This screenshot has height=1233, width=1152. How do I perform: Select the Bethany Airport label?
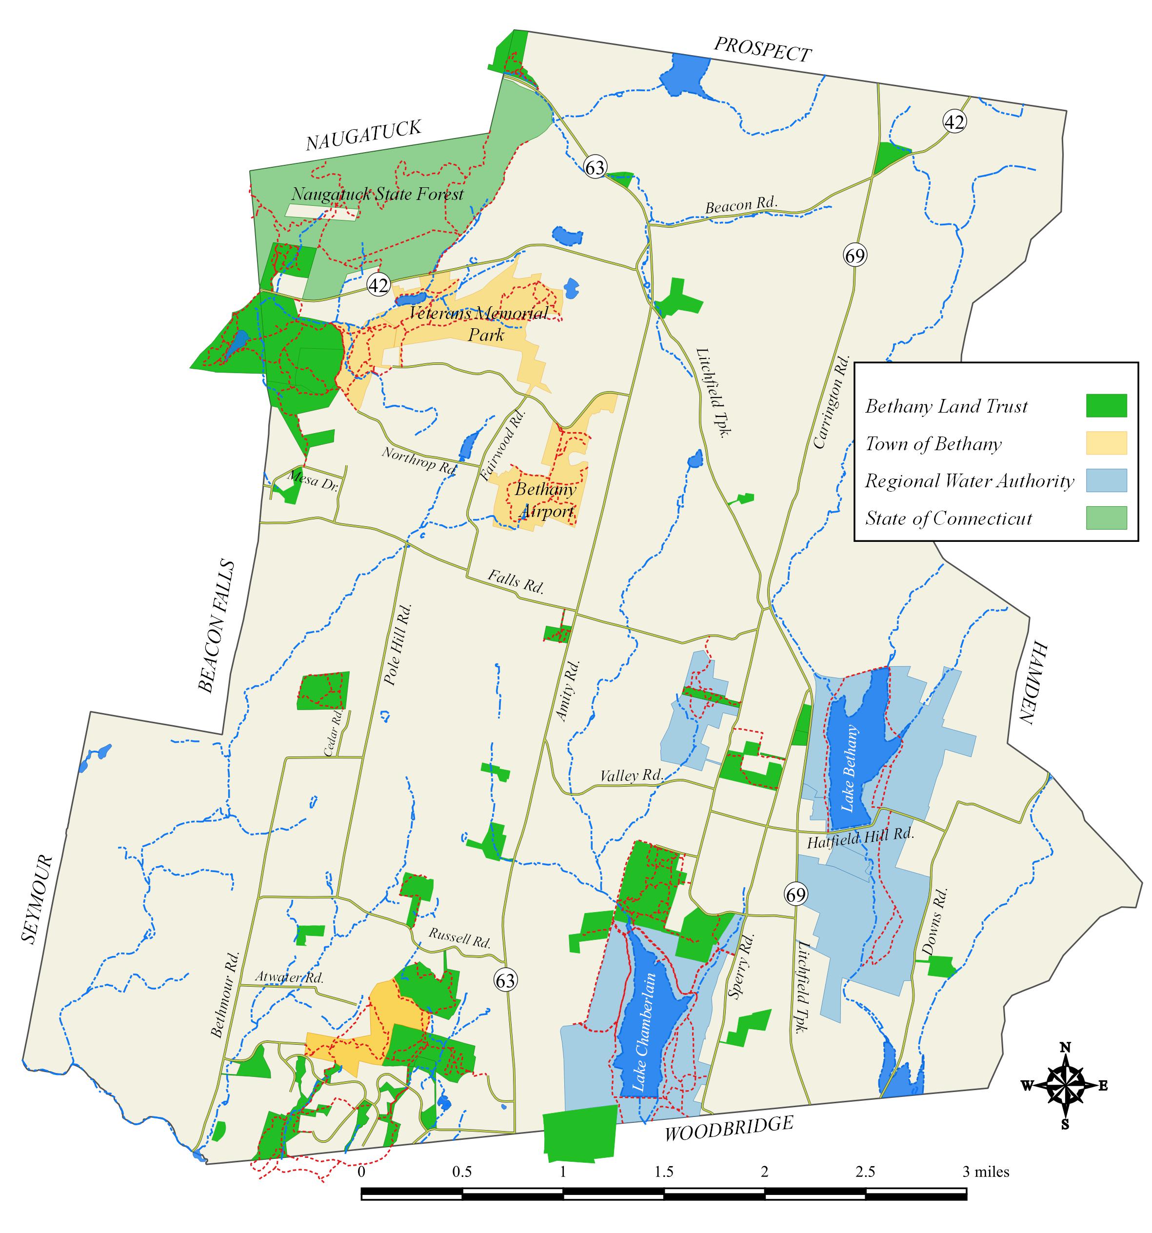point(545,500)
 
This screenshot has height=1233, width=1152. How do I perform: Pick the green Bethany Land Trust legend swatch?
point(1106,406)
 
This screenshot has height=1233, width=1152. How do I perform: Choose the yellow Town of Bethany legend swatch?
point(1106,443)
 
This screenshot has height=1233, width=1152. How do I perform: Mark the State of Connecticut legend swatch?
point(1106,517)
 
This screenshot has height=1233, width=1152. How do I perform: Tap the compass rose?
point(1065,1085)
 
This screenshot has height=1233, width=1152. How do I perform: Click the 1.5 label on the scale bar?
point(664,1172)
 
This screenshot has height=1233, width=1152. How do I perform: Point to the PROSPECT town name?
point(762,50)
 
